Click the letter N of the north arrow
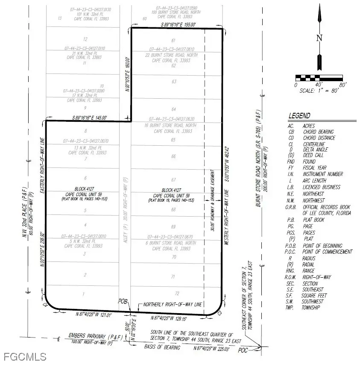pos(319,38)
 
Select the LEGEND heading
pos(299,116)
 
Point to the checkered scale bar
pos(319,78)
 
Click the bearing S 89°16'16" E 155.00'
pos(177,25)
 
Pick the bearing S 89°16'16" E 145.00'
pos(89,117)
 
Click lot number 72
pos(173,294)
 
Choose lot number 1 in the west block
pos(84,294)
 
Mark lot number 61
pos(173,41)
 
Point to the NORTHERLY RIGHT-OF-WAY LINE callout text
pos(169,305)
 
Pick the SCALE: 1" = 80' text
pos(319,91)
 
